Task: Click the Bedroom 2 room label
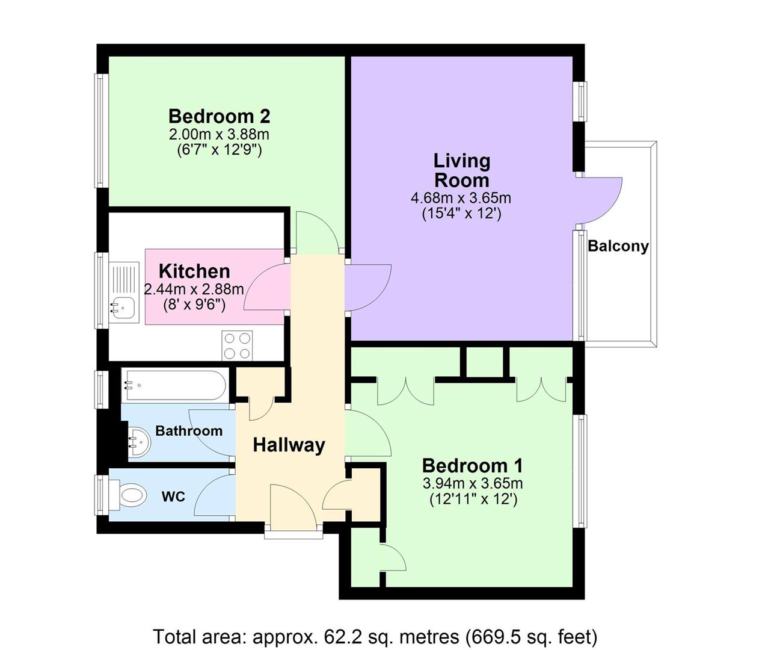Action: (x=219, y=116)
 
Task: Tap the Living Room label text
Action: (x=461, y=170)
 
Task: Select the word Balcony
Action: (x=618, y=246)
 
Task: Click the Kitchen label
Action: (x=194, y=271)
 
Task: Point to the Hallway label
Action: (x=289, y=445)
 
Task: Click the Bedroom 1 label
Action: (x=472, y=465)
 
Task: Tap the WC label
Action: (x=173, y=497)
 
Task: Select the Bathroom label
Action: (x=188, y=431)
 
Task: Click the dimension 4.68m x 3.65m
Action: (x=461, y=197)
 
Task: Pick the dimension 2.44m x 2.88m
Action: (x=194, y=289)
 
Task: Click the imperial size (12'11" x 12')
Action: (x=473, y=499)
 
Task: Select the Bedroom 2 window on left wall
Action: (x=102, y=130)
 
